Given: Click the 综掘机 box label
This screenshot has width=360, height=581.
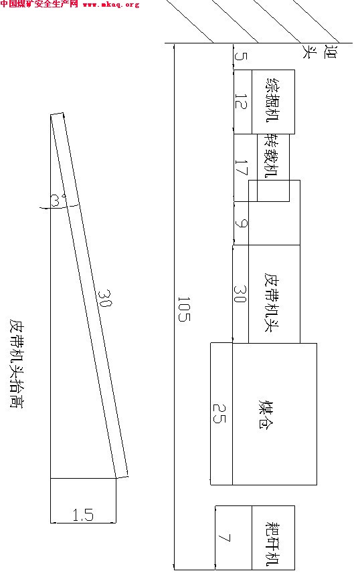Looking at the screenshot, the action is coord(273,100).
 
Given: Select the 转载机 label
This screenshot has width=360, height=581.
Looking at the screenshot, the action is coord(272,156).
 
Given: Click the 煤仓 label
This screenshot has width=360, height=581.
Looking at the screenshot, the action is coord(266,414).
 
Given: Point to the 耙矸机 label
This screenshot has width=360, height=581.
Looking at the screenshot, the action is coord(273,544).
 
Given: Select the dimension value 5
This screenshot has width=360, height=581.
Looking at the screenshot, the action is coord(241,56).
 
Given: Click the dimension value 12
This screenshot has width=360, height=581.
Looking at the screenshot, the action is coord(241,101).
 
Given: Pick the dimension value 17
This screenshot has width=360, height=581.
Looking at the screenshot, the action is coord(241,167).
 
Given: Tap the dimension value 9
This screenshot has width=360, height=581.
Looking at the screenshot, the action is coord(242,223).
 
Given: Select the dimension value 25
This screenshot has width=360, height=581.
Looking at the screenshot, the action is coord(219,413).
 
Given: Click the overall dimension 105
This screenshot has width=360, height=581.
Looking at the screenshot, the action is coord(184,309).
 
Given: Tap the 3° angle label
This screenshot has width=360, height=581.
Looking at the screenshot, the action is coord(56,201).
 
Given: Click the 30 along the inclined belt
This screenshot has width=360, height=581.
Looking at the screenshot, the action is coord(105,298).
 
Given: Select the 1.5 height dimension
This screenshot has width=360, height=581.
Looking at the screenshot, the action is coord(83,515).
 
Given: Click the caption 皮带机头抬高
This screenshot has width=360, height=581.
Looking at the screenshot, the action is coord(16,363).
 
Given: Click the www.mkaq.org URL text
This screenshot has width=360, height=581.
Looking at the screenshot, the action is coord(111,5).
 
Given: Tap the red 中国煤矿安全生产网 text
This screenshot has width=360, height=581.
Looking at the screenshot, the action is coord(39,4).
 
